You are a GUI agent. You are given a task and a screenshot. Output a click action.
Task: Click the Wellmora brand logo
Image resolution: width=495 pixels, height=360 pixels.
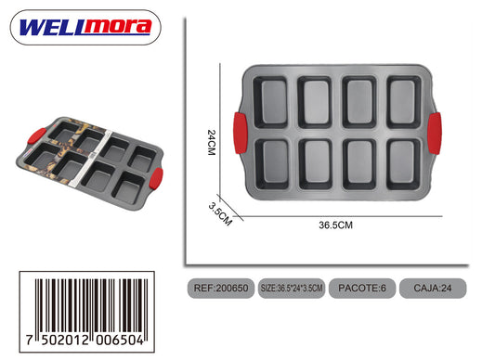tap(85, 27)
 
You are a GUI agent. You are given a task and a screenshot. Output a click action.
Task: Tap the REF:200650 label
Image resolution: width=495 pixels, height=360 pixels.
tap(221, 288)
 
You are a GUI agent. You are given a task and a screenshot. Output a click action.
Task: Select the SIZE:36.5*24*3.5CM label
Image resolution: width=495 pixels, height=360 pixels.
tap(292, 288)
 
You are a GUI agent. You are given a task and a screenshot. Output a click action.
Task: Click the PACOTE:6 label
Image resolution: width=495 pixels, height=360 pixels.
tap(362, 288)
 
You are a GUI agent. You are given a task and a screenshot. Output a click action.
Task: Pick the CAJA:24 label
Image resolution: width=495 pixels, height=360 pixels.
tap(433, 288)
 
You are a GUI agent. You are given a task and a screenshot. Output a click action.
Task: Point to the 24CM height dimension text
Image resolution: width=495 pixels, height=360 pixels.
tap(211, 142)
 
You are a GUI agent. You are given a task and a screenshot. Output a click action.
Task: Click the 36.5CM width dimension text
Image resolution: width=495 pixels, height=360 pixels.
tap(335, 225)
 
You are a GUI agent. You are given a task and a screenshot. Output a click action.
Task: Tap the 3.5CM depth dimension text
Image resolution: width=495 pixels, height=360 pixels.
tap(220, 214)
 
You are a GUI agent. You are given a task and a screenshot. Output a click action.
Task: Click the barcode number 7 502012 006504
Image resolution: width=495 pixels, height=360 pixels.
tap(85, 340)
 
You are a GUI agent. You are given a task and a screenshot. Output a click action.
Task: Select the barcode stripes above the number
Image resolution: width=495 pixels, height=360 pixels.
tap(91, 306)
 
